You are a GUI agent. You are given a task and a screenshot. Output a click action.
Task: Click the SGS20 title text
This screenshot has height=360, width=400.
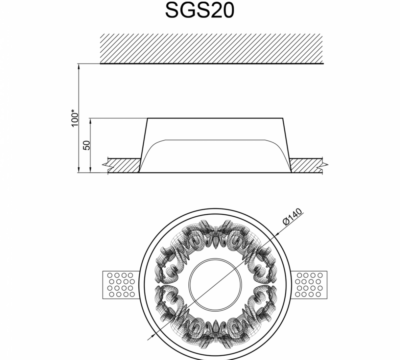pyautogui.click(x=200, y=10)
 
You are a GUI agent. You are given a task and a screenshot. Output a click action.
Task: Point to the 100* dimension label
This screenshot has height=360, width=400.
pyautogui.click(x=76, y=118)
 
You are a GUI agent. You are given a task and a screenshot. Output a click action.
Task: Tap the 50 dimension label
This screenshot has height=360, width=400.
pyautogui.click(x=87, y=145)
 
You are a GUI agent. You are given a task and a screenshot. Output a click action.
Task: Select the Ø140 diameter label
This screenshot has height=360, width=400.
pyautogui.click(x=292, y=217)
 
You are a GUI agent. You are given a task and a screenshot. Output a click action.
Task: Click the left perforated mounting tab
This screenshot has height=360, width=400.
pyautogui.click(x=120, y=285)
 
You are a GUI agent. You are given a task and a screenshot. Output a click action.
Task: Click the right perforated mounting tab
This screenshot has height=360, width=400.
pyautogui.click(x=309, y=285)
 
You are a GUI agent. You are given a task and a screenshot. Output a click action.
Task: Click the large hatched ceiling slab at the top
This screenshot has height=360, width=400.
pyautogui.click(x=212, y=49)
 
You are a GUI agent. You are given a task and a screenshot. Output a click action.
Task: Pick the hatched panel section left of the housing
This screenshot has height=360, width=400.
pyautogui.click(x=124, y=165)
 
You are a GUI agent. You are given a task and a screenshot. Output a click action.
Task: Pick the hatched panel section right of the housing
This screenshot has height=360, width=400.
pyautogui.click(x=306, y=165)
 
